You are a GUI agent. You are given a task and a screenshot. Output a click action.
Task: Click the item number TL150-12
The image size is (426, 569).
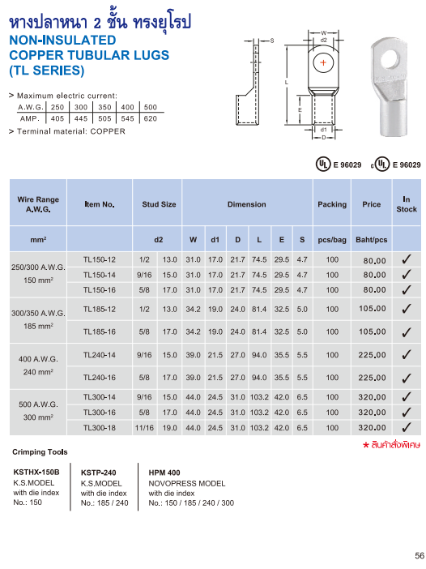click(100, 259)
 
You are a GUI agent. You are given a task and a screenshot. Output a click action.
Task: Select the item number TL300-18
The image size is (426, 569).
click(100, 428)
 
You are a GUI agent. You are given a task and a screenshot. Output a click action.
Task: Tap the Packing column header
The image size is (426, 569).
click(332, 205)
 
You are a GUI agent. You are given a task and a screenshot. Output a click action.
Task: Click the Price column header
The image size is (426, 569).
click(371, 205)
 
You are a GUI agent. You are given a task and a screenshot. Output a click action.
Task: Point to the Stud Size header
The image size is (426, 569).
click(159, 205)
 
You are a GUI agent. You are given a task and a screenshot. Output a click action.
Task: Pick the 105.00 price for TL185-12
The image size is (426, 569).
click(374, 309)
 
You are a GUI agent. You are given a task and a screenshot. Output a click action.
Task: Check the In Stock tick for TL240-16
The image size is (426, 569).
click(407, 378)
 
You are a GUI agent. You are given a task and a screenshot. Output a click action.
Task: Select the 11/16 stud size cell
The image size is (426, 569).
click(145, 428)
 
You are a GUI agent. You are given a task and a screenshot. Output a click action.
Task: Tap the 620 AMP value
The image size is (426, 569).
click(150, 118)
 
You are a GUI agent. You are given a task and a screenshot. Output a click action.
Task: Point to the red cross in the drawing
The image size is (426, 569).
click(324, 62)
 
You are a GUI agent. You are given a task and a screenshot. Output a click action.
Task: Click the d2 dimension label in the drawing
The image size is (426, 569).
click(324, 39)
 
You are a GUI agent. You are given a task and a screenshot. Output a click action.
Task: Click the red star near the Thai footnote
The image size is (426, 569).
click(366, 444)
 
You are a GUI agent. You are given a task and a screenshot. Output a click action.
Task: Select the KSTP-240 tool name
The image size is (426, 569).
click(99, 472)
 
